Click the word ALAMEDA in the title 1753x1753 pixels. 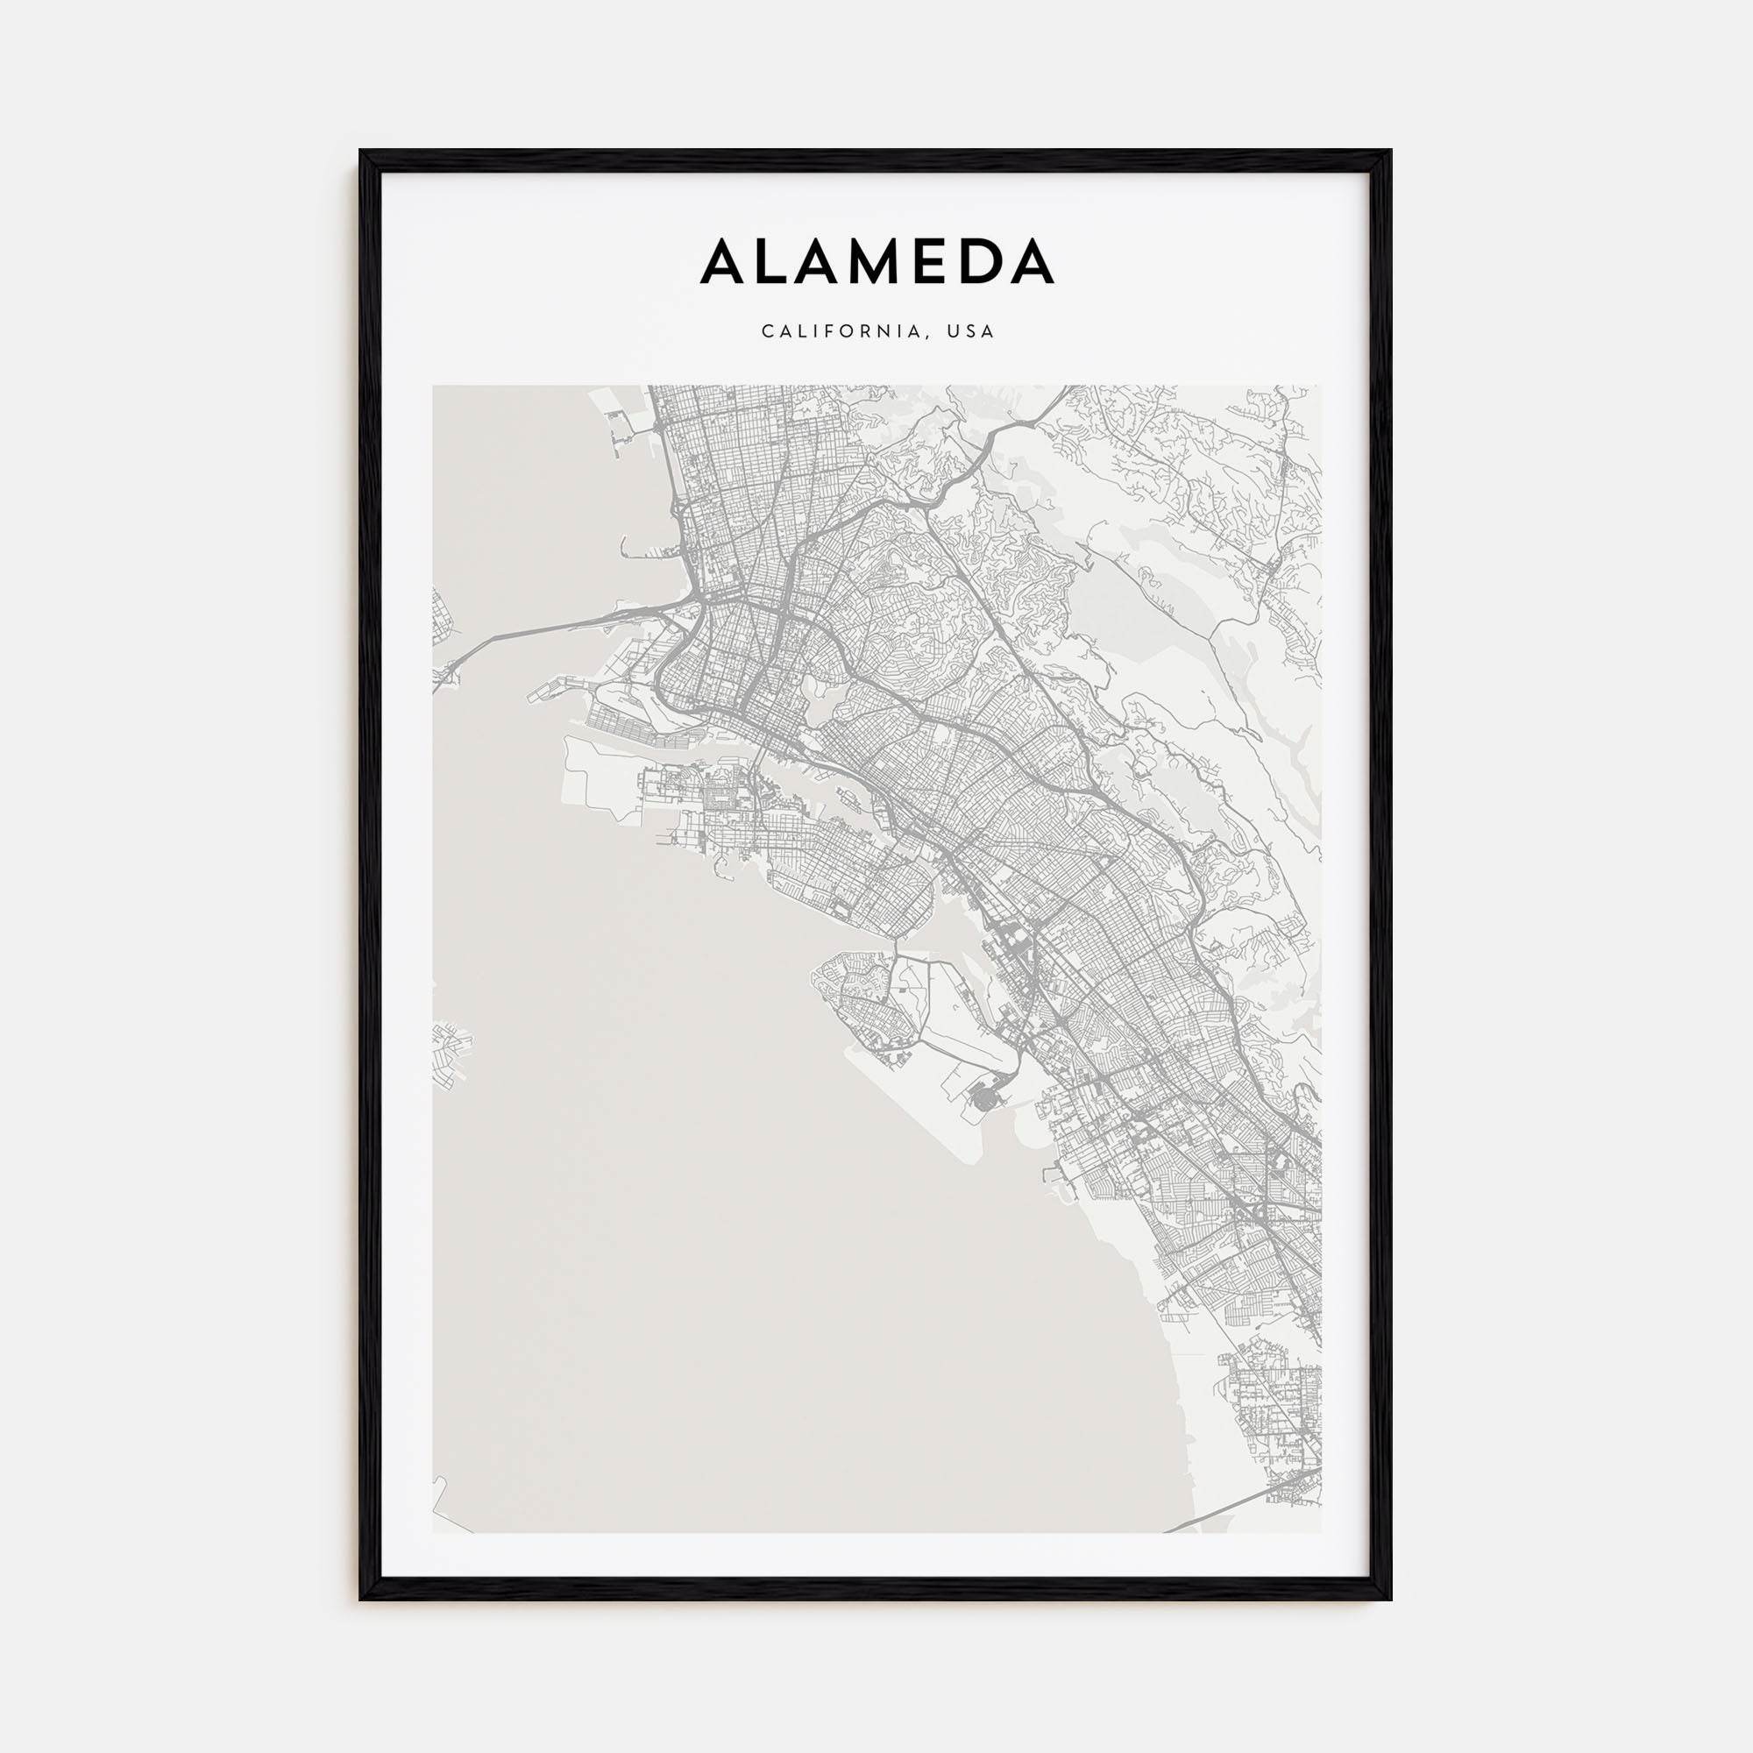click(x=876, y=262)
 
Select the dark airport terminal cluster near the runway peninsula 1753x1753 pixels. click(x=983, y=1102)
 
